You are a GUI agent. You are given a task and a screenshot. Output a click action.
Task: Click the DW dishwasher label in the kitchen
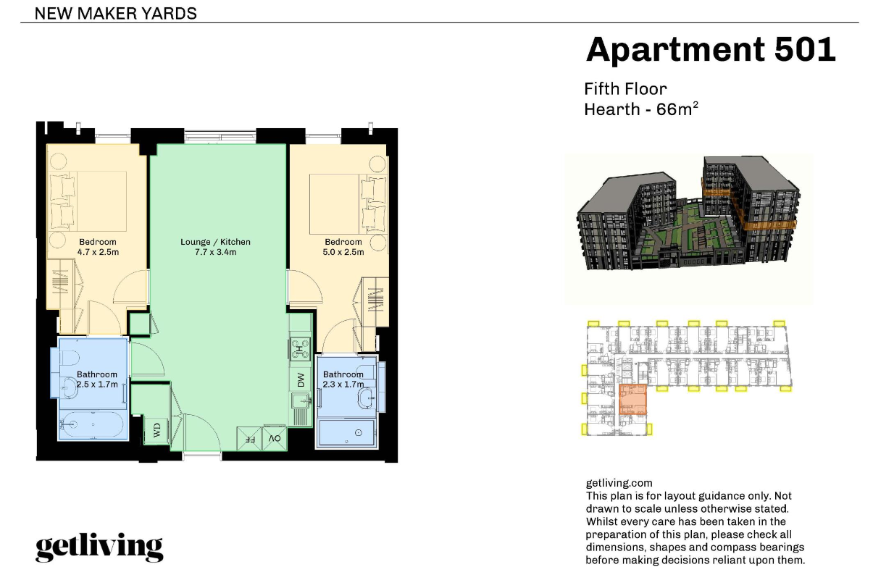pyautogui.click(x=301, y=379)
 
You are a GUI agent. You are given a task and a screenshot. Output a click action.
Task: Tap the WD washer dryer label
pyautogui.click(x=157, y=430)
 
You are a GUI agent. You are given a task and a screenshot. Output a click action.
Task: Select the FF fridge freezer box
pyautogui.click(x=249, y=439)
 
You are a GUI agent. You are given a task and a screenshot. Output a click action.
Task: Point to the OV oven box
pyautogui.click(x=275, y=439)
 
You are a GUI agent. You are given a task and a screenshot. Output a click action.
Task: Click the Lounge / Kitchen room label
pyautogui.click(x=215, y=242)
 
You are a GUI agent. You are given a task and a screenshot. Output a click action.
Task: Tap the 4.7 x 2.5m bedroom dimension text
pyautogui.click(x=98, y=252)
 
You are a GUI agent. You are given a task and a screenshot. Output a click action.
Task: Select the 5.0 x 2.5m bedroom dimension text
pyautogui.click(x=343, y=252)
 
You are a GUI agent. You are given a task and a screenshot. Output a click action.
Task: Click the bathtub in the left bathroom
pyautogui.click(x=93, y=424)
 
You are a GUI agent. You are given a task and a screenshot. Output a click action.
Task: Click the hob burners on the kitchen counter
pyautogui.click(x=300, y=348)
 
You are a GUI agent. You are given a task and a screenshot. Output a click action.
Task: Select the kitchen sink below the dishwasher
pyautogui.click(x=301, y=400)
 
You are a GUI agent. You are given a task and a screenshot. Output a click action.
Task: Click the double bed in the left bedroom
pyautogui.click(x=88, y=201)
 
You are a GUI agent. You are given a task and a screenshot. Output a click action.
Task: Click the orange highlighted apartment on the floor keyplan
pyautogui.click(x=632, y=400)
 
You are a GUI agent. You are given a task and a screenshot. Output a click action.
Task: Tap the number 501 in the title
pyautogui.click(x=804, y=49)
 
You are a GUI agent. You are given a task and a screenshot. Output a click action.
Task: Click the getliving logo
pyautogui.click(x=99, y=548)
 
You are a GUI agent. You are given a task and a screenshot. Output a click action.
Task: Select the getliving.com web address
pyautogui.click(x=619, y=483)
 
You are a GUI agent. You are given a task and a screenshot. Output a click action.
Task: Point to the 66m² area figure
pyautogui.click(x=677, y=109)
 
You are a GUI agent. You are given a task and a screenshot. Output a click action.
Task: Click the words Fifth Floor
pyautogui.click(x=625, y=89)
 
